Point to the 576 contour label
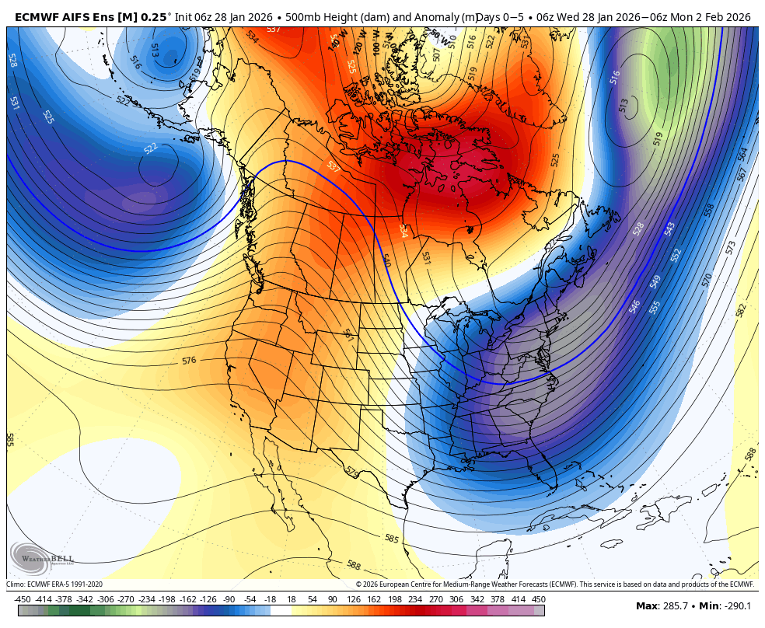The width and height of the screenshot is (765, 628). click(x=189, y=361)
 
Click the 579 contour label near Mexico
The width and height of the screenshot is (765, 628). click(x=352, y=472)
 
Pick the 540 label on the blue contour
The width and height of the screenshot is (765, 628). click(x=386, y=261)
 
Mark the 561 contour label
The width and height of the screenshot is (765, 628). click(x=348, y=335)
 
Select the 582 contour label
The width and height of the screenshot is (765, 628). click(x=740, y=310)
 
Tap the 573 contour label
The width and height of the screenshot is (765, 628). click(x=730, y=247)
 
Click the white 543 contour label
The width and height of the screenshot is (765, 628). click(x=669, y=229)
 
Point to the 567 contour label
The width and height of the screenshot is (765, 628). click(x=742, y=175)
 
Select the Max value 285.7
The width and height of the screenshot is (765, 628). click(x=675, y=605)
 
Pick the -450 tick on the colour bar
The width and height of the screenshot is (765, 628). click(x=23, y=599)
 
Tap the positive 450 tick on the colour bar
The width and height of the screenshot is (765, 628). click(x=538, y=599)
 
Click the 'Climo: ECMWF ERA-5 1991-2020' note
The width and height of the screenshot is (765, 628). click(x=54, y=584)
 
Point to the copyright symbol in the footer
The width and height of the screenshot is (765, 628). click(x=358, y=584)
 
